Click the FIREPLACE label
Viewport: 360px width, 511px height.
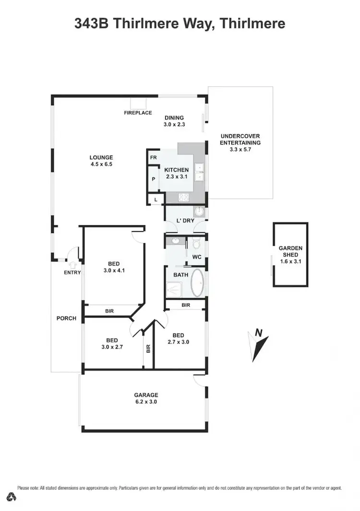tap(138, 113)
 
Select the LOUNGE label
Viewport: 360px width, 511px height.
tap(101, 158)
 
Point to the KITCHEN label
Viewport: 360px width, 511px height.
tap(176, 170)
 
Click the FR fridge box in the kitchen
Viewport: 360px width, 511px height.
tap(153, 158)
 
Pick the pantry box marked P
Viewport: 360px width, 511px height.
tap(154, 179)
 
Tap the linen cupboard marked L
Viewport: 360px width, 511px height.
tap(156, 199)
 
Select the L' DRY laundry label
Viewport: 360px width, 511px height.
tap(185, 220)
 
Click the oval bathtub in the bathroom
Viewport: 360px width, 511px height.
tap(198, 283)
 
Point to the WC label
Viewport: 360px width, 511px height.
tap(197, 257)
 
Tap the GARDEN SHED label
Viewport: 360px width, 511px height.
tap(290, 252)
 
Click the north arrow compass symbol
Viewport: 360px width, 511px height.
tap(258, 343)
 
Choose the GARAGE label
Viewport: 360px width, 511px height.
tap(146, 395)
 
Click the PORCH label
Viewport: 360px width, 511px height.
tap(66, 318)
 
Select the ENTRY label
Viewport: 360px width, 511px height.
tap(72, 273)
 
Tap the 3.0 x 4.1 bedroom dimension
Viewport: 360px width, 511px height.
tap(114, 270)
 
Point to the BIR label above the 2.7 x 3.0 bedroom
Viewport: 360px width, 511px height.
tap(186, 305)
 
